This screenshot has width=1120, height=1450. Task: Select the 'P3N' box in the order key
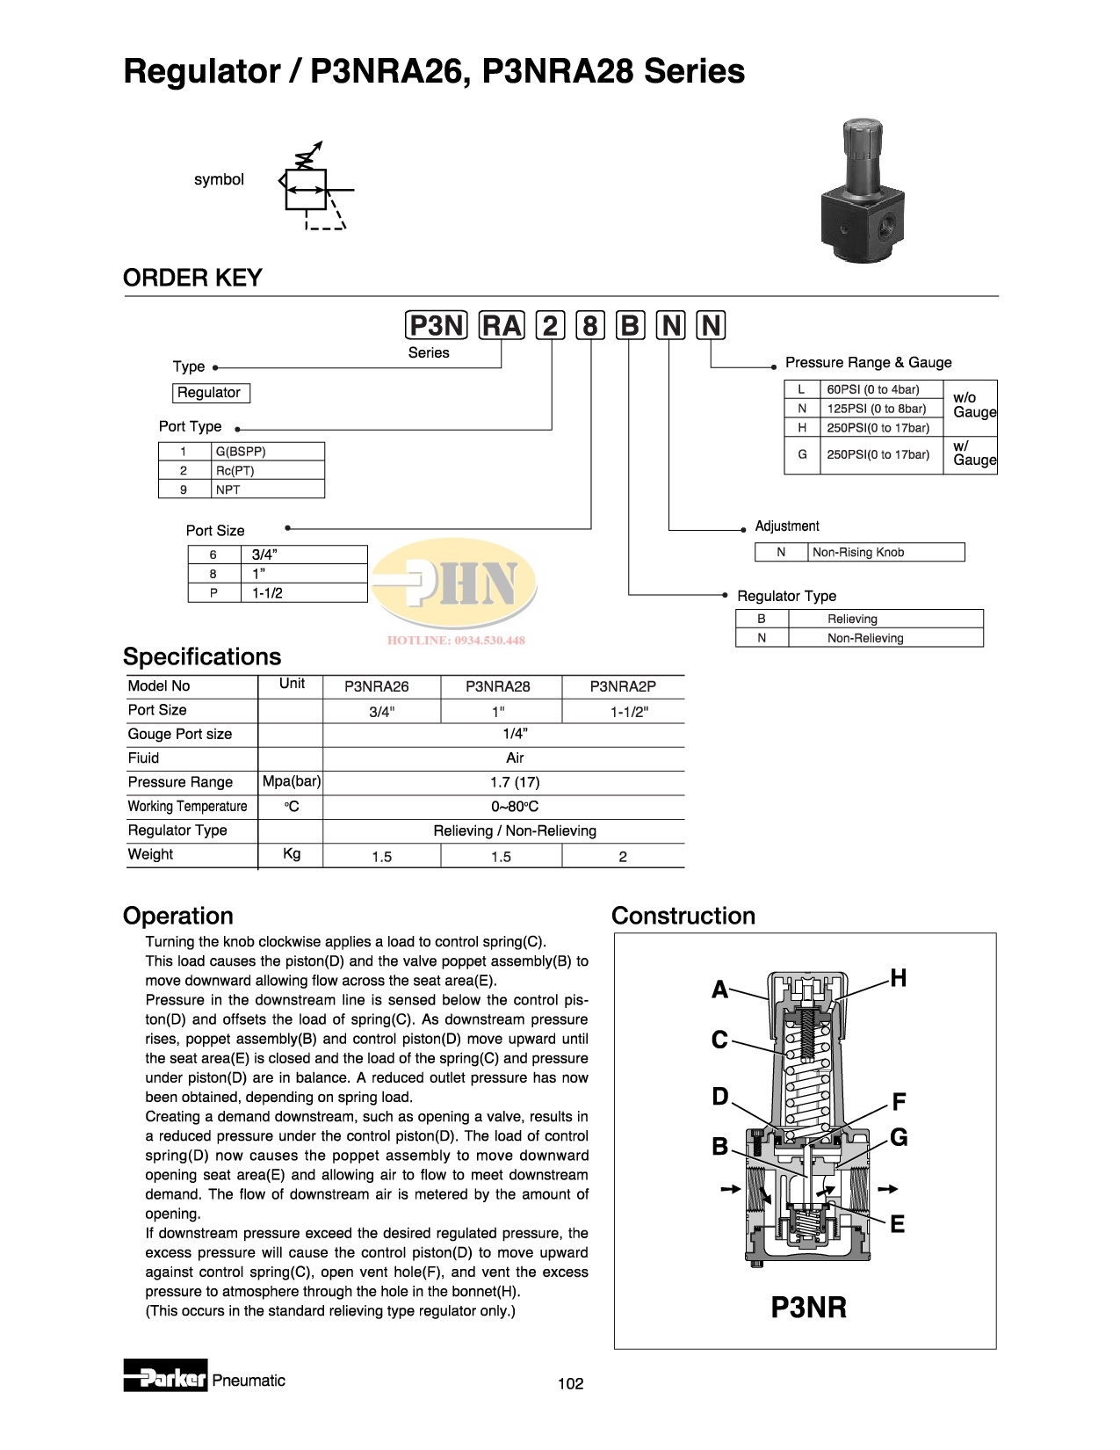click(x=437, y=326)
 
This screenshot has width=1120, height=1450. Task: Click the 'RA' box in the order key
click(x=502, y=326)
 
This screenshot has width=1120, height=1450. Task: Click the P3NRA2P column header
click(x=623, y=686)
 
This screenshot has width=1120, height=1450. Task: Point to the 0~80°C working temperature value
click(x=515, y=807)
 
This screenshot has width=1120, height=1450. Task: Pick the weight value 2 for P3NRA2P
click(x=623, y=857)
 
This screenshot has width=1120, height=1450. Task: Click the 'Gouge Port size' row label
click(x=180, y=734)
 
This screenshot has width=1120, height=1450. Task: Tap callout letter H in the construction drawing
click(x=898, y=978)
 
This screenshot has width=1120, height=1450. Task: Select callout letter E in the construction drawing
click(x=897, y=1224)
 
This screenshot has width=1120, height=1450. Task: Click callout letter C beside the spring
click(x=719, y=1040)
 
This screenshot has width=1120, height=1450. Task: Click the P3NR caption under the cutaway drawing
click(x=808, y=1308)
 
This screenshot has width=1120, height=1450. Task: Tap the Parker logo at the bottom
click(x=165, y=1379)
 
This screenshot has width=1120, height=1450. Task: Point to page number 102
click(x=570, y=1384)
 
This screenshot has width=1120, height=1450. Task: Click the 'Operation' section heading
click(x=178, y=916)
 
